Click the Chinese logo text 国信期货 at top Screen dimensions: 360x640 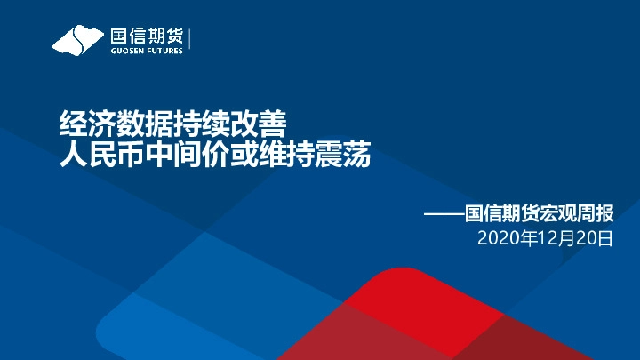(x=146, y=36)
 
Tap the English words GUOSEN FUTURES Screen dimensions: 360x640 (x=146, y=51)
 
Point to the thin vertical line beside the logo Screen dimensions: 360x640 (x=190, y=39)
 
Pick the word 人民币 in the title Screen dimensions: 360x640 (x=101, y=157)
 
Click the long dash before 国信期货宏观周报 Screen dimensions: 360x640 (x=444, y=214)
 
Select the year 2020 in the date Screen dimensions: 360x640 (x=496, y=238)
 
